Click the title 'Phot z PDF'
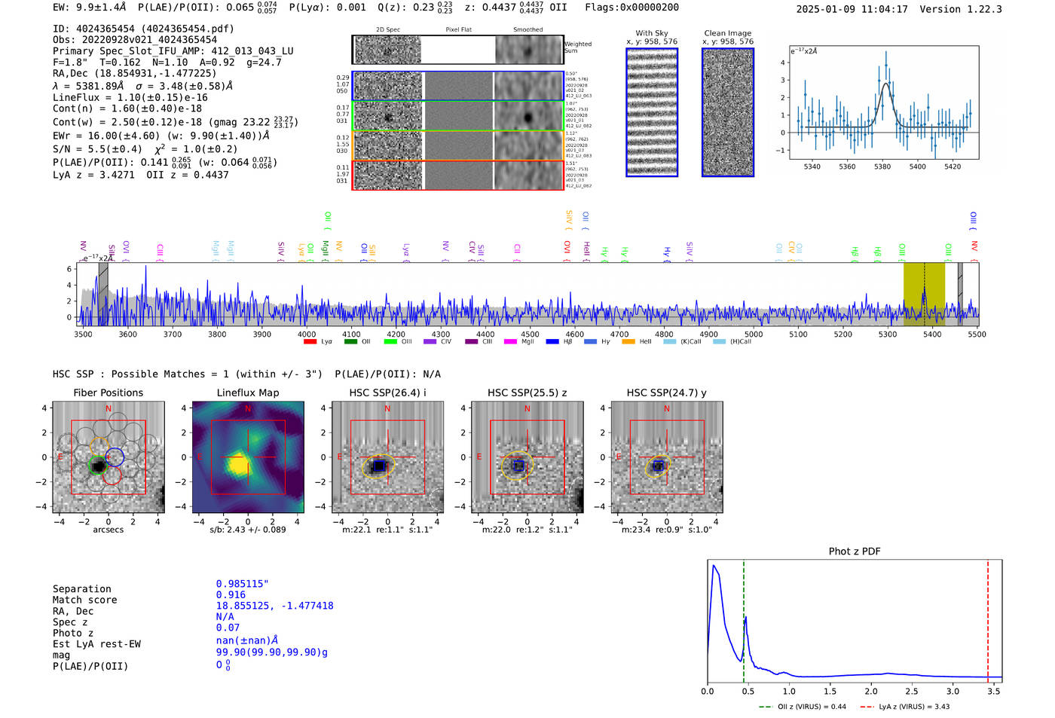pos(854,551)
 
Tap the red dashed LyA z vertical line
pos(988,618)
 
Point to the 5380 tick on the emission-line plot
pos(882,167)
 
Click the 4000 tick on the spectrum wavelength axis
pos(306,334)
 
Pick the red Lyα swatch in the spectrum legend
pos(310,342)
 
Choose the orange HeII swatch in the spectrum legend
pos(628,342)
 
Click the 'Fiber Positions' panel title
pos(108,393)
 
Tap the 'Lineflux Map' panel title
pos(247,393)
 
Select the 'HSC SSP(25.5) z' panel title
pos(527,393)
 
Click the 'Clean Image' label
pos(727,33)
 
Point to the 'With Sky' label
pos(651,33)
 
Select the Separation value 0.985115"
pos(242,584)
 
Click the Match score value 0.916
pos(231,594)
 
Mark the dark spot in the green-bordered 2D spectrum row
pos(389,118)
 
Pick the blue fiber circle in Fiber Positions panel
pos(115,456)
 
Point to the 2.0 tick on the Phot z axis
pos(870,691)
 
